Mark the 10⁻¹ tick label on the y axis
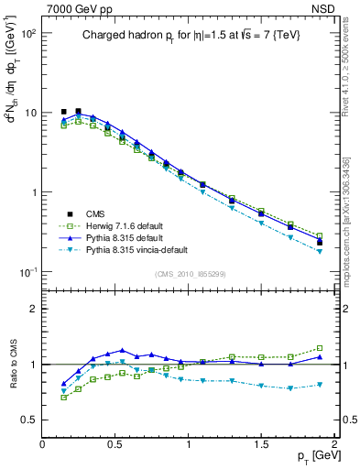27,273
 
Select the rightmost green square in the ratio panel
320,348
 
